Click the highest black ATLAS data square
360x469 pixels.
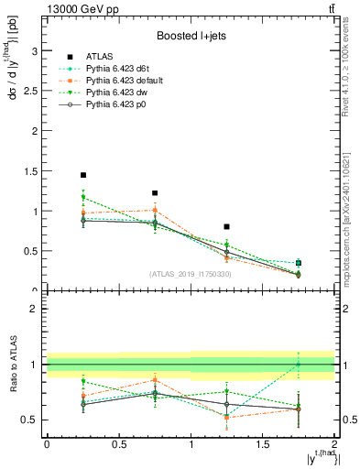83,175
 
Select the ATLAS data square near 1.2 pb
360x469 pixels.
155,193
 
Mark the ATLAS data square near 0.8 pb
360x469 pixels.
227,226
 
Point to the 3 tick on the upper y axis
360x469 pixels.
34,49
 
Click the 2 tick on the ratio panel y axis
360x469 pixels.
34,309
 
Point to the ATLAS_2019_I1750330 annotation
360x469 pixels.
190,274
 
